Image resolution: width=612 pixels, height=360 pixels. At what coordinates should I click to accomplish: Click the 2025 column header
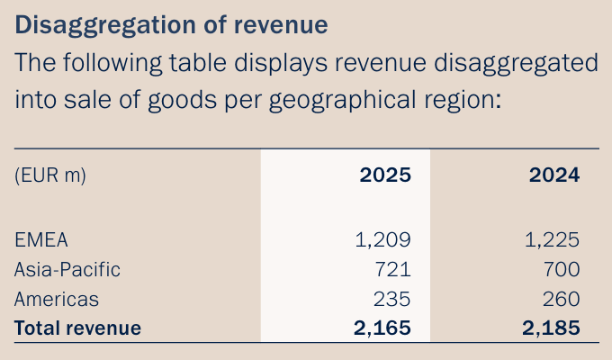[385, 175]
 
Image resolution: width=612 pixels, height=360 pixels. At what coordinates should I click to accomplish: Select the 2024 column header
[553, 175]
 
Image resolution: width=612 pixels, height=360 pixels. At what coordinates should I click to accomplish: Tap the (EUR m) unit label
[50, 175]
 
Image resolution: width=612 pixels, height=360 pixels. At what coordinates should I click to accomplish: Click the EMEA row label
[41, 239]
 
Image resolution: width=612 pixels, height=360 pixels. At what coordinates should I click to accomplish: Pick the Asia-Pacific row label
[67, 269]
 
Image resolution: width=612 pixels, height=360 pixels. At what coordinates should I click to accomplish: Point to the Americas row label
[57, 299]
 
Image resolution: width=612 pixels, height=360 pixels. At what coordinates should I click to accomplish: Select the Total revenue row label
[78, 328]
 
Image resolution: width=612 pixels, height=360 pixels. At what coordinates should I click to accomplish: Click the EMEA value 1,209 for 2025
[384, 239]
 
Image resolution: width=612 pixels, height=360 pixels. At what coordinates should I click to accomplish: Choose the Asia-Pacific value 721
[392, 269]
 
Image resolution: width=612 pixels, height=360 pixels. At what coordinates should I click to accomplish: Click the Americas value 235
[392, 299]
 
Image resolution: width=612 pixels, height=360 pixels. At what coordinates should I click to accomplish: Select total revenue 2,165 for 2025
[382, 328]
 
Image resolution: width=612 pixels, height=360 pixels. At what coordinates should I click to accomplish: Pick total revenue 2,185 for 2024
[551, 328]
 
